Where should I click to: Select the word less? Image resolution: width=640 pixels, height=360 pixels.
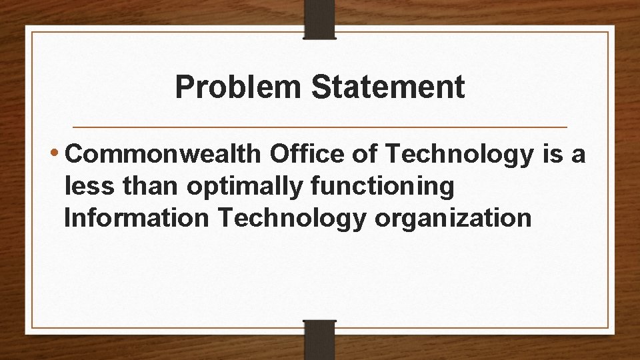pyautogui.click(x=89, y=187)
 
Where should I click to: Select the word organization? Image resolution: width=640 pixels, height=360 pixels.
pyautogui.click(x=453, y=219)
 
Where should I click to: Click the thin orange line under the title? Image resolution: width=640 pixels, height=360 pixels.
pyautogui.click(x=319, y=127)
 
